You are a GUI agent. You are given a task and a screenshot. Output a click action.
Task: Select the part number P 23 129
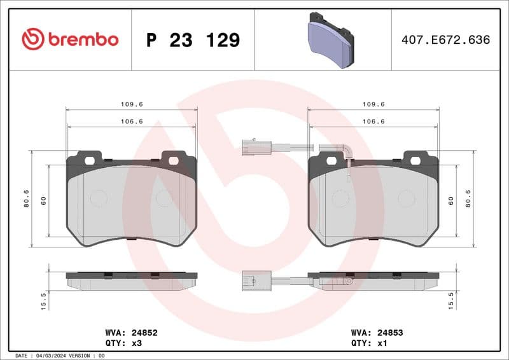[x=193, y=40]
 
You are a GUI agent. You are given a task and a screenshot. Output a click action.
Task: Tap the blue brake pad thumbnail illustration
[x=330, y=40]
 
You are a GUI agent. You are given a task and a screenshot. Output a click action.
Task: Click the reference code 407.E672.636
[x=446, y=40]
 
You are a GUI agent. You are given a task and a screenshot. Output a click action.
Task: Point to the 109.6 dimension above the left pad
[x=131, y=104]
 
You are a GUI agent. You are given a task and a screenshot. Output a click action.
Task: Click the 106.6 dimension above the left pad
[x=131, y=121]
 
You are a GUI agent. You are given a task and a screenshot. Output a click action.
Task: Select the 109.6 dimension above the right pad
[x=373, y=104]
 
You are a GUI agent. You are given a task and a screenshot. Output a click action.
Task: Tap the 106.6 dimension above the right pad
[x=373, y=121]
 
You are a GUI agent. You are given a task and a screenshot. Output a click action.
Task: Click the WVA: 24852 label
[x=131, y=332]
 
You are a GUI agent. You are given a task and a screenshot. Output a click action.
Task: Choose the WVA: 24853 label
[x=377, y=332]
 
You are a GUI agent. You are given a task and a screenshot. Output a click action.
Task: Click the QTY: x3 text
[x=122, y=343]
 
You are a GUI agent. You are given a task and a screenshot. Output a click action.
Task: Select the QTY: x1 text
[x=368, y=343]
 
